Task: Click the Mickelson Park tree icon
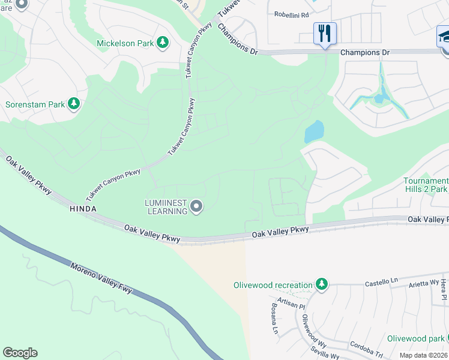click(x=162, y=43)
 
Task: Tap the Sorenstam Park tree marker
click(x=74, y=104)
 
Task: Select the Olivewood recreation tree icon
click(x=322, y=284)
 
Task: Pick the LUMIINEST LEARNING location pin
click(x=196, y=207)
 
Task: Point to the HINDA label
click(x=83, y=209)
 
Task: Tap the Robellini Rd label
click(x=291, y=14)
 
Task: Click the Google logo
click(x=20, y=353)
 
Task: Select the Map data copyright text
click(x=423, y=355)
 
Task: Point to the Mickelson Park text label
click(x=125, y=43)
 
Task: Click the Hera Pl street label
click(x=444, y=289)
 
